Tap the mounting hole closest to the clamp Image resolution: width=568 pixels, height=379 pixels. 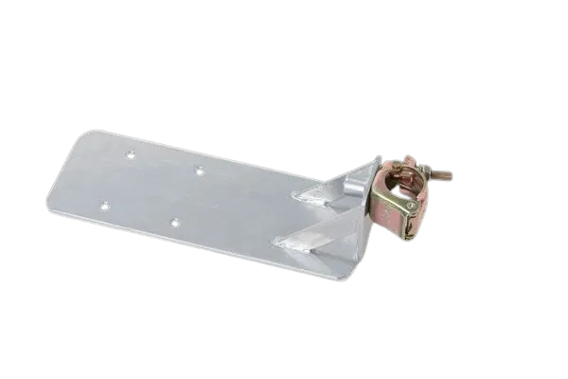tap(199, 171)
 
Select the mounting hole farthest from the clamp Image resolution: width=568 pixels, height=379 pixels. tap(105, 204)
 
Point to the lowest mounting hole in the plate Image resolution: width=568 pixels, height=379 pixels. tap(174, 224)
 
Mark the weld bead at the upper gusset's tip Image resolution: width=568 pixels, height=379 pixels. tap(301, 197)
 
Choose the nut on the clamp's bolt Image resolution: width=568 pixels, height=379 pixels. tap(423, 171)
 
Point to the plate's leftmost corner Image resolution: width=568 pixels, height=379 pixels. tap(47, 205)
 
